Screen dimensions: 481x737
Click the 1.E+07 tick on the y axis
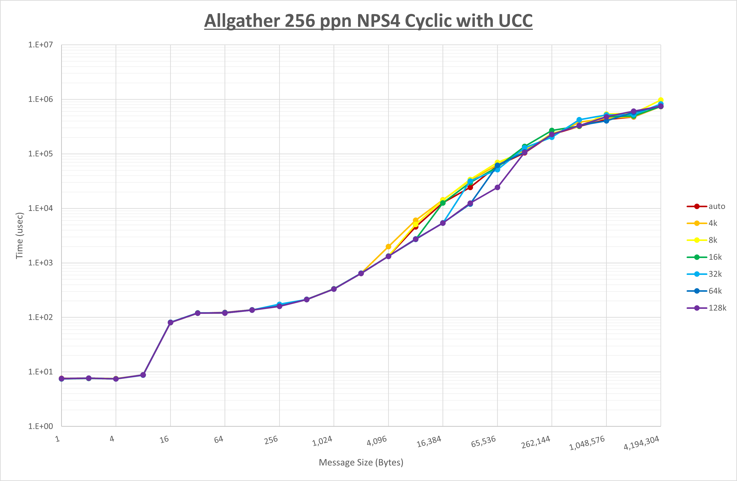(41, 45)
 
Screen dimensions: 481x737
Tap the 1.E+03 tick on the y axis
(41, 263)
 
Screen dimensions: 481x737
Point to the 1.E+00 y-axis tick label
(41, 426)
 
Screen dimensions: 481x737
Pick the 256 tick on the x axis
(271, 440)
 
